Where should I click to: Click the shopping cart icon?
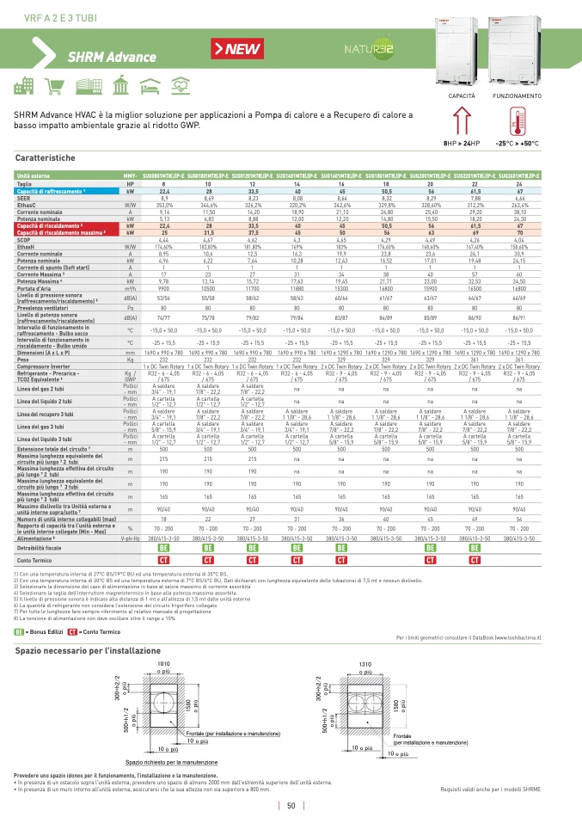coord(57,86)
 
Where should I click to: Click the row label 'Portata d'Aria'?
coord(38,289)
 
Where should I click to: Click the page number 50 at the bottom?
coord(291,806)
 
